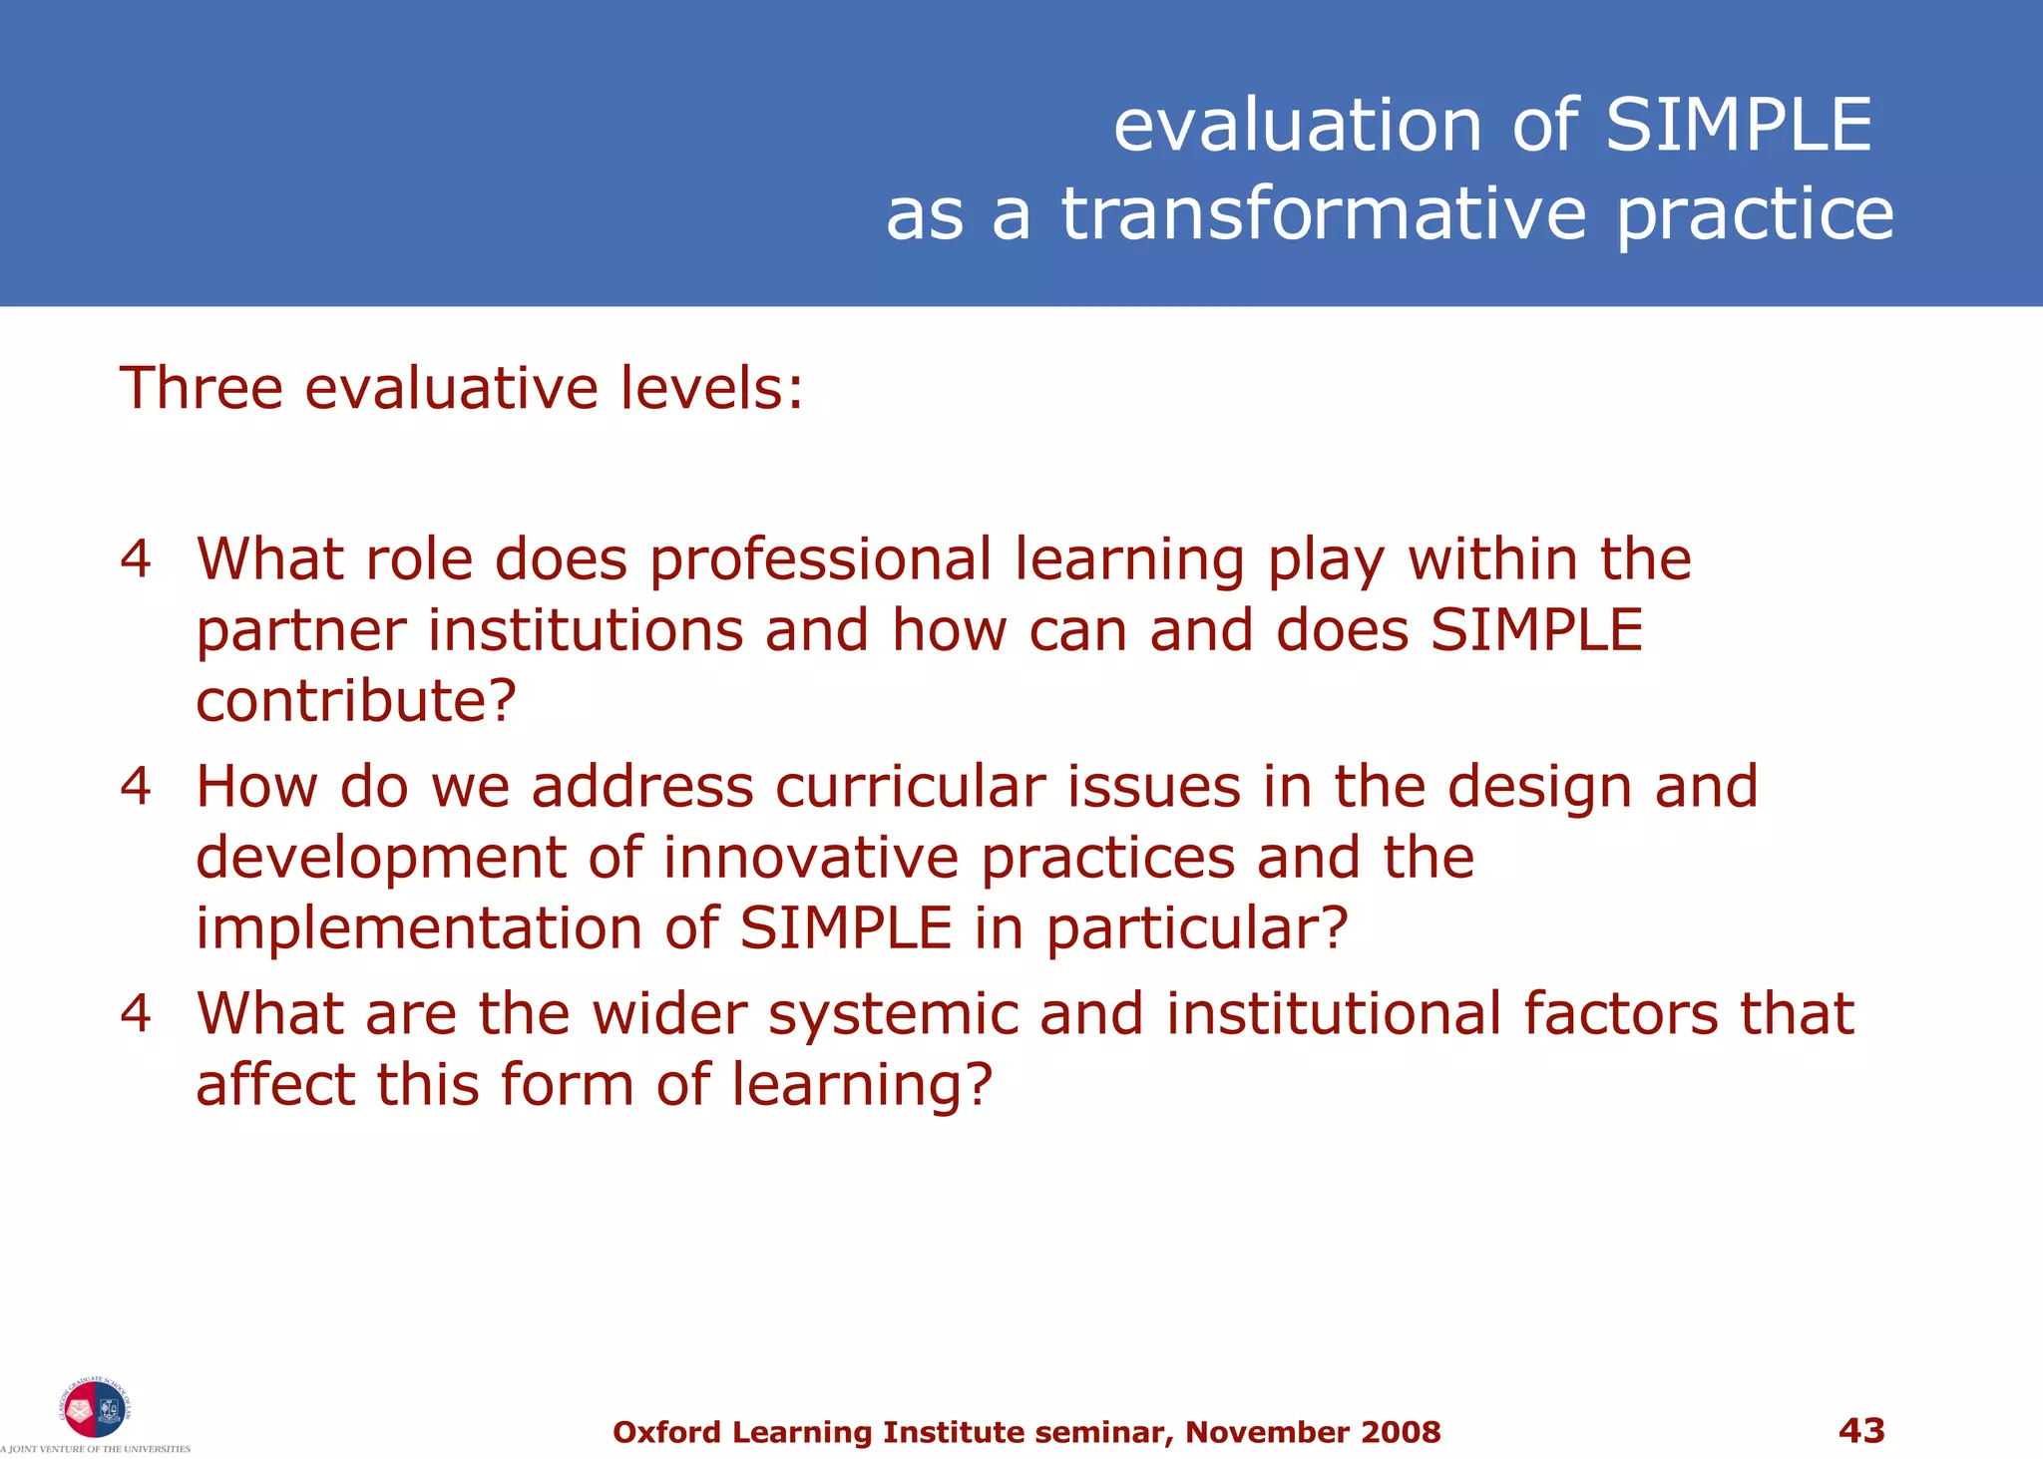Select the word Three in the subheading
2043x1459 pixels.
[201, 388]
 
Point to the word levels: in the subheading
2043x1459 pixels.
[711, 388]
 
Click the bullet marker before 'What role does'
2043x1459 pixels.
[136, 558]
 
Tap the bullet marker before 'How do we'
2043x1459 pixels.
[136, 786]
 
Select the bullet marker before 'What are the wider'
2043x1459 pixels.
[136, 1013]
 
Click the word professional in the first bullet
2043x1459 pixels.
[820, 560]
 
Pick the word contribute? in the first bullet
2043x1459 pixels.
[356, 701]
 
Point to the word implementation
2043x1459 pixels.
[418, 929]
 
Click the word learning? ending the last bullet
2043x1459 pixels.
[862, 1086]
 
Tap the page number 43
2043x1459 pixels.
[1861, 1431]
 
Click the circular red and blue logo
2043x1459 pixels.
[95, 1408]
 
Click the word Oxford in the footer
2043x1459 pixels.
[666, 1433]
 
